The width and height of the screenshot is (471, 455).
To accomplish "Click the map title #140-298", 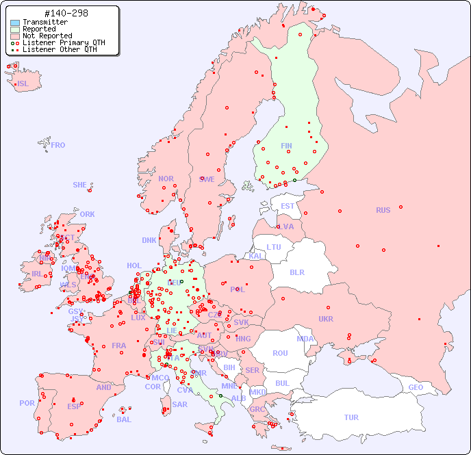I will coord(65,14).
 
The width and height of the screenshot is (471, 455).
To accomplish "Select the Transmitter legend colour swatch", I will coord(15,23).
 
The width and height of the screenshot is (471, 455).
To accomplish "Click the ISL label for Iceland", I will coord(23,84).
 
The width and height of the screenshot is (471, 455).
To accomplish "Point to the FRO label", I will coord(58,145).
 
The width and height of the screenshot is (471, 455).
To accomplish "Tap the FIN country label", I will coord(286,146).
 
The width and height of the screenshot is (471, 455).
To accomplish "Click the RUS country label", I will coord(383,210).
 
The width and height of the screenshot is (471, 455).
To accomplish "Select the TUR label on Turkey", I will coord(351,417).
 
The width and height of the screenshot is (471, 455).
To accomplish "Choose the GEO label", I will coord(416,387).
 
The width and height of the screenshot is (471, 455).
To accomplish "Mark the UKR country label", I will coord(326,319).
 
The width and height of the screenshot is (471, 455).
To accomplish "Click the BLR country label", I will coord(296,272).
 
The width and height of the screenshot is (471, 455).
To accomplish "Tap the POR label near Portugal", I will coord(27,403).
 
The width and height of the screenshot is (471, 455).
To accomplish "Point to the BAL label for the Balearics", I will coord(124,419).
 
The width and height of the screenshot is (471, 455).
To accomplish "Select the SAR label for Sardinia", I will coord(180,404).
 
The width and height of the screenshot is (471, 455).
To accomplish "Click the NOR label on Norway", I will coord(166,179).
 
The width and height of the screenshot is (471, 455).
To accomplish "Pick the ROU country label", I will coord(280,353).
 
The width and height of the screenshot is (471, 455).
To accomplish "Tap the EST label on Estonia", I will coord(288,206).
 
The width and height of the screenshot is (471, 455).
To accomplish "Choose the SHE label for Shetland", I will coord(80,185).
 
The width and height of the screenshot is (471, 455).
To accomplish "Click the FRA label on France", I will coord(119,346).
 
